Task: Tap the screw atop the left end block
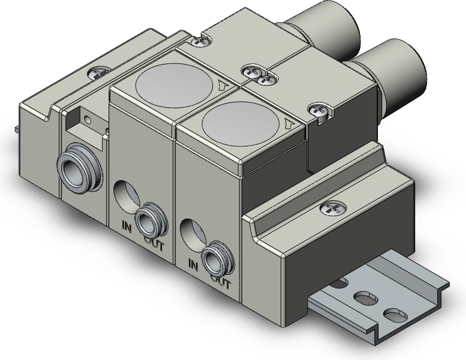[96, 74]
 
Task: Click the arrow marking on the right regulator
[288, 124]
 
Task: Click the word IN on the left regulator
[126, 226]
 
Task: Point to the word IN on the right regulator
[193, 264]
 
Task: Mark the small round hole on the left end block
[88, 120]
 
